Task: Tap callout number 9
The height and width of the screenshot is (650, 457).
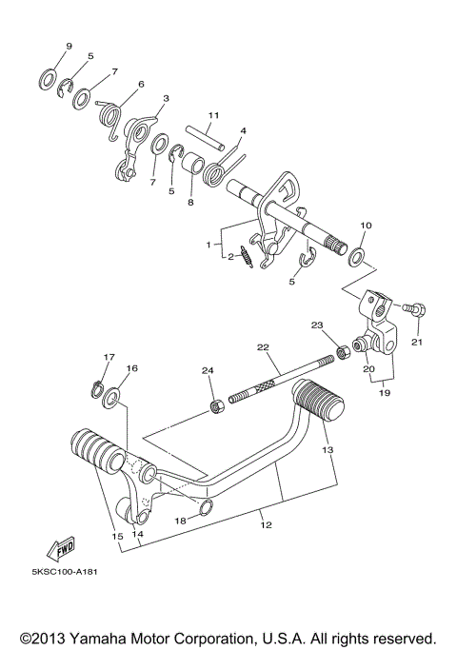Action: [69, 47]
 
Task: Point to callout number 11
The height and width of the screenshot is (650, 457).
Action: [214, 115]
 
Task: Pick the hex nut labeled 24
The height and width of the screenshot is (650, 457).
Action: [216, 407]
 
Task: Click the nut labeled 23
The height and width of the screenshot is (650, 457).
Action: [339, 355]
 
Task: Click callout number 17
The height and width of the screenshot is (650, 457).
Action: [108, 358]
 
